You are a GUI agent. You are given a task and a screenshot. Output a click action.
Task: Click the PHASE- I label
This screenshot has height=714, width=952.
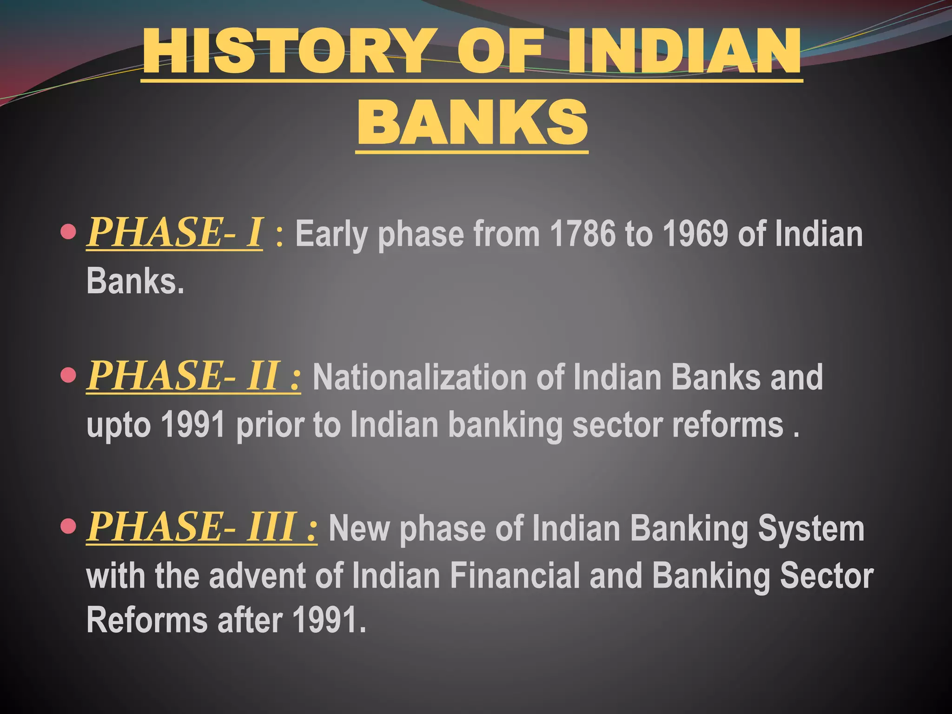[175, 232]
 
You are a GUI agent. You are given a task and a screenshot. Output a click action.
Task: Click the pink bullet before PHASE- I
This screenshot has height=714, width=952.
[68, 231]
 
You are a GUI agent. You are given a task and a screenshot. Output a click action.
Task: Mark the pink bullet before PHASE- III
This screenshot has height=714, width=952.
[68, 526]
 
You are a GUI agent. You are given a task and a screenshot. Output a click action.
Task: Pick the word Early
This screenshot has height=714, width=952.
[332, 235]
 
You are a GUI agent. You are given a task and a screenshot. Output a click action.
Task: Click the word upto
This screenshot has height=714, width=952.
[119, 426]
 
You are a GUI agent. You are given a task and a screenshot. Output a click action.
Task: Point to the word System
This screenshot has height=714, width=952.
[811, 529]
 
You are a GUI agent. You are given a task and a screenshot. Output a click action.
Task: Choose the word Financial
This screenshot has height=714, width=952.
[515, 575]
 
